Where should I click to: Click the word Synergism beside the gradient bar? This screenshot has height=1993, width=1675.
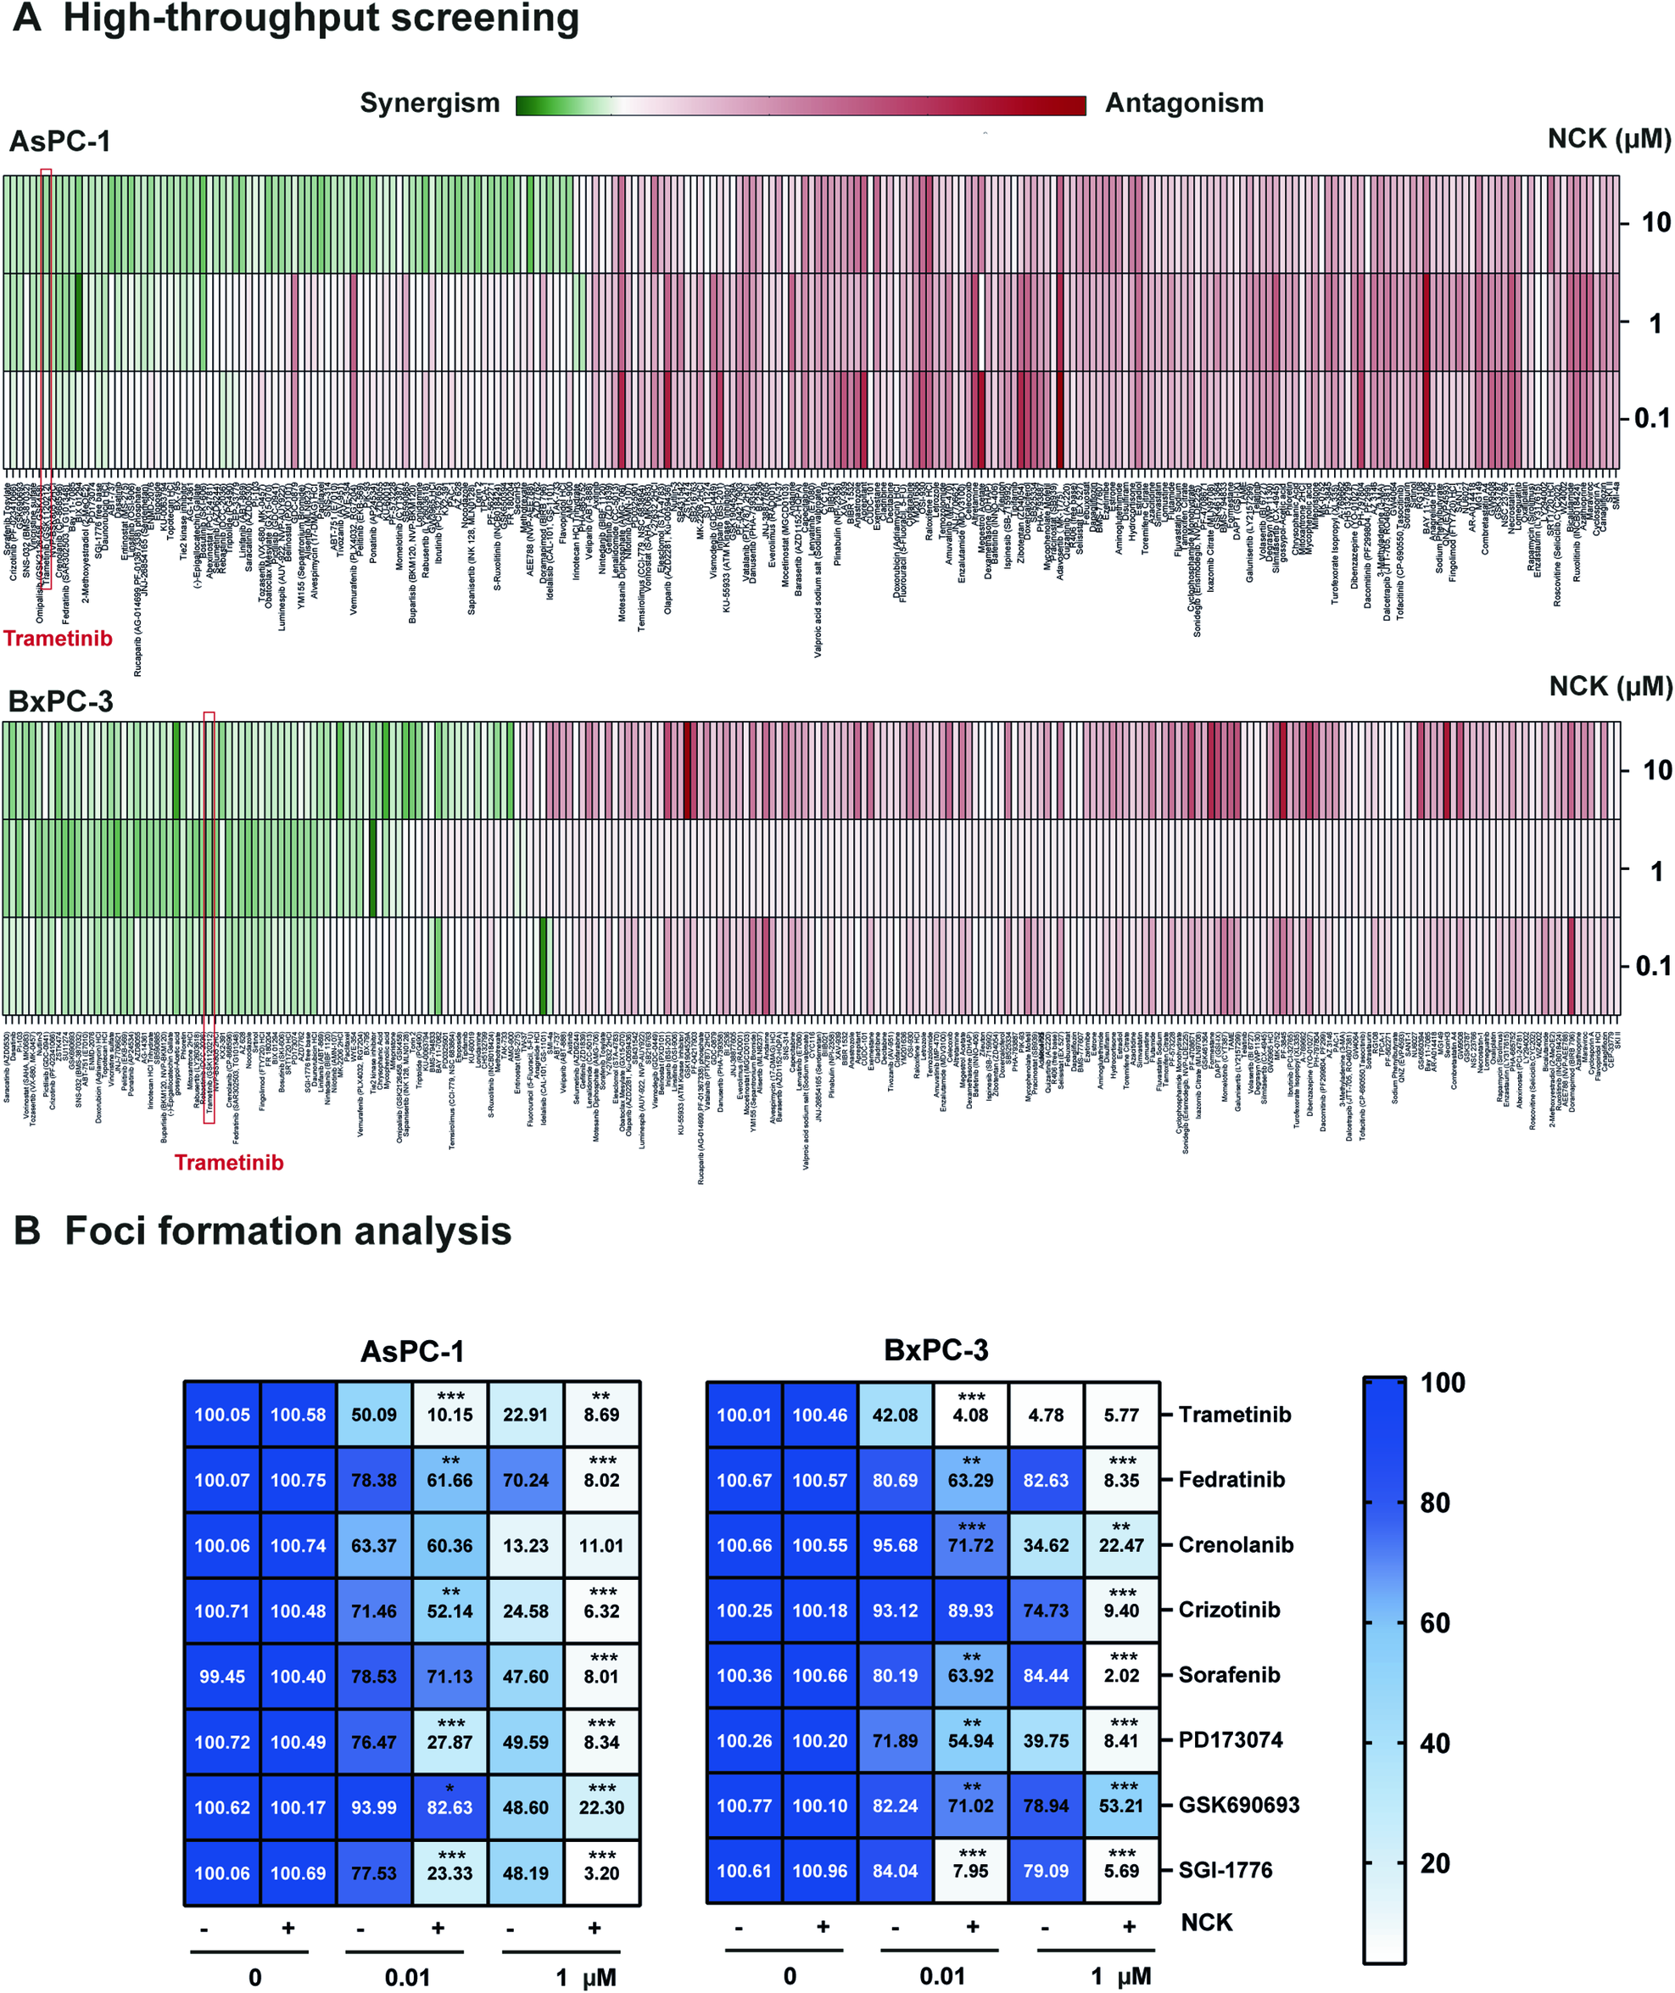pyautogui.click(x=429, y=103)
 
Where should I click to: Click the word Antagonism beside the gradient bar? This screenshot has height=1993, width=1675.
pyautogui.click(x=1183, y=103)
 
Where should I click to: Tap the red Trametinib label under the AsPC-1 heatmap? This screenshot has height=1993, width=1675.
pyautogui.click(x=58, y=638)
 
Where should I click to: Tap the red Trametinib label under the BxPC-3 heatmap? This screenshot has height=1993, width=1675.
pyautogui.click(x=229, y=1162)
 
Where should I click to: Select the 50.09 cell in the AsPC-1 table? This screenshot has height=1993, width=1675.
pyautogui.click(x=374, y=1415)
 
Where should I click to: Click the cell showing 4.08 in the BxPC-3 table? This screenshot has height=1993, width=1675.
pyautogui.click(x=970, y=1415)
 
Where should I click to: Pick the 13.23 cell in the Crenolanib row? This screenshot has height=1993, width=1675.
pyautogui.click(x=525, y=1546)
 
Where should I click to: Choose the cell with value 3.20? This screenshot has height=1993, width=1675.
pyautogui.click(x=601, y=1873)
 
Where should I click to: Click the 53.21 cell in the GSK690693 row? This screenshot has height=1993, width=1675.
pyautogui.click(x=1121, y=1806)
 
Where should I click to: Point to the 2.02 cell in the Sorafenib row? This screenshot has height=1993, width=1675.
pyautogui.click(x=1121, y=1676)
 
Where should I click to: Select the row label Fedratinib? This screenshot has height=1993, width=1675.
pyautogui.click(x=1231, y=1479)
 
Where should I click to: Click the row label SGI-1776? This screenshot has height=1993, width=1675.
pyautogui.click(x=1225, y=1869)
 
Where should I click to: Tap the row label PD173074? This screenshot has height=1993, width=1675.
pyautogui.click(x=1230, y=1739)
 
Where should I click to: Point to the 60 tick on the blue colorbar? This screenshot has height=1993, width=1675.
pyautogui.click(x=1434, y=1623)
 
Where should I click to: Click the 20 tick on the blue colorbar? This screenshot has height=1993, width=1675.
pyautogui.click(x=1434, y=1864)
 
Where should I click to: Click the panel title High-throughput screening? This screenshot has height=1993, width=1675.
pyautogui.click(x=321, y=19)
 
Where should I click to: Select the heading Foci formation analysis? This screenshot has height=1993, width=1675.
pyautogui.click(x=288, y=1231)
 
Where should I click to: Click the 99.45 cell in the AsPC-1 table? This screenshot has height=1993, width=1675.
pyautogui.click(x=222, y=1677)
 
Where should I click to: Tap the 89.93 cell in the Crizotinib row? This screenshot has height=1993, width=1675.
pyautogui.click(x=970, y=1611)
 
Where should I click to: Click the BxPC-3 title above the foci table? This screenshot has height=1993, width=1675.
pyautogui.click(x=935, y=1349)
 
